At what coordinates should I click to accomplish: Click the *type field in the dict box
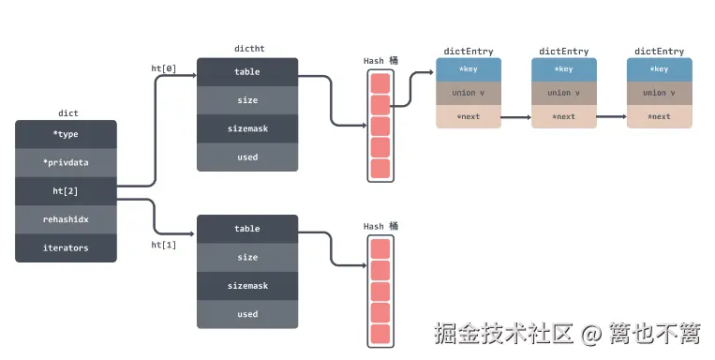point(66,134)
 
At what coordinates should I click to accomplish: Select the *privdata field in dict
point(66,162)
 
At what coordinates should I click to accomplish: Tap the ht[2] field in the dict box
point(66,191)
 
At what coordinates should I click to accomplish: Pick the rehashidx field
point(66,219)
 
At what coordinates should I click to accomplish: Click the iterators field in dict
point(66,247)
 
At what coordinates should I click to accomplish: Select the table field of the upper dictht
point(247,72)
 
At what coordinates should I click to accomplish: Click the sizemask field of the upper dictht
point(247,128)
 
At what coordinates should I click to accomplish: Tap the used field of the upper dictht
point(247,157)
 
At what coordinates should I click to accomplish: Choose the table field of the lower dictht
point(247,229)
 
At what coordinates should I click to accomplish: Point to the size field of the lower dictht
point(247,257)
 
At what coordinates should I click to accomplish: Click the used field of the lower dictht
point(247,314)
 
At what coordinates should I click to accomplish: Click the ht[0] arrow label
point(164,67)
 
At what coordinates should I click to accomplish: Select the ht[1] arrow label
point(164,245)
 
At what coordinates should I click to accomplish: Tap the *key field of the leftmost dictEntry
point(469,69)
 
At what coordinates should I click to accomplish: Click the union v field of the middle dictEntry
point(564,93)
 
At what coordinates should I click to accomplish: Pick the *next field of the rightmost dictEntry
point(659,117)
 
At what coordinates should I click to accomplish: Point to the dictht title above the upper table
point(247,48)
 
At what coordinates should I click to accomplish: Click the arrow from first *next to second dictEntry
point(515,117)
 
